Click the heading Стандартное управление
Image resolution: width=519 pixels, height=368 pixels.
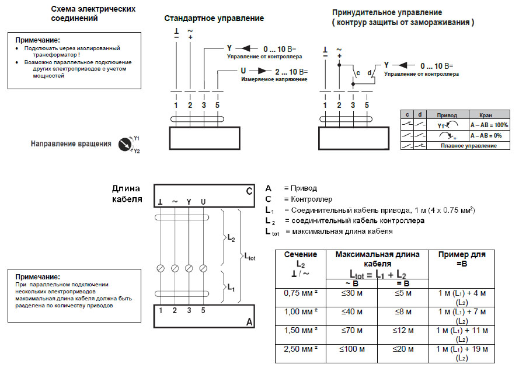pyautogui.click(x=214, y=18)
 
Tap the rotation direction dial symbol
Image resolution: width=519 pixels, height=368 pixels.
pyautogui.click(x=125, y=143)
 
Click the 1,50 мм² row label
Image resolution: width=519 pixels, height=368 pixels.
pyautogui.click(x=300, y=331)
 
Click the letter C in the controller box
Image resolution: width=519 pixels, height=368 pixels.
pyautogui.click(x=249, y=191)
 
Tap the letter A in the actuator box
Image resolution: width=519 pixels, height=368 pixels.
pyautogui.click(x=249, y=321)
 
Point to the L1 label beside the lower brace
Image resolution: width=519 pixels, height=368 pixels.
pyautogui.click(x=231, y=287)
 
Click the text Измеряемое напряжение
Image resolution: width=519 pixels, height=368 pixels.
pyautogui.click(x=274, y=79)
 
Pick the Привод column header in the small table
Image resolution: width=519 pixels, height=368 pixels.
pyautogui.click(x=448, y=115)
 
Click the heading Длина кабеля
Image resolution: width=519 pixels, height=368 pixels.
pyautogui.click(x=127, y=194)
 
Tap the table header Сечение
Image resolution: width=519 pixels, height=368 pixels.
pyautogui.click(x=300, y=255)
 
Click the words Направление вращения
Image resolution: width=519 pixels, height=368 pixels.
pyautogui.click(x=71, y=143)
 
